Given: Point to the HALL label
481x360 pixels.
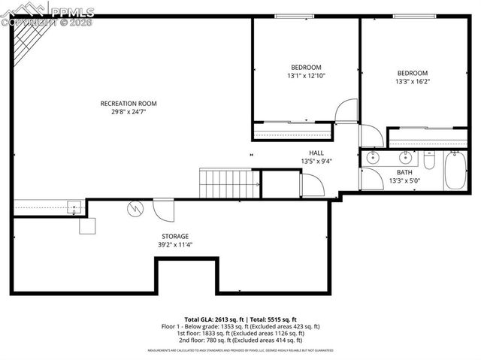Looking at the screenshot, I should click(316, 153).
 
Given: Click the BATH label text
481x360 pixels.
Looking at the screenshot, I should click(404, 172).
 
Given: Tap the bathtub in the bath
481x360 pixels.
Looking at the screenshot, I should click(455, 170).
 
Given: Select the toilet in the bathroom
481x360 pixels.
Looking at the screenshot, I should click(430, 160).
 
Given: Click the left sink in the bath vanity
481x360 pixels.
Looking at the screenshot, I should click(372, 159).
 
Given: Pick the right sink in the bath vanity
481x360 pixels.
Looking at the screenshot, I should click(405, 158).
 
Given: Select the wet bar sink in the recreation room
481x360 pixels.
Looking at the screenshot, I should click(75, 207).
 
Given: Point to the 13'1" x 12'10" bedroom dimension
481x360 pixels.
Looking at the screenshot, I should click(306, 76).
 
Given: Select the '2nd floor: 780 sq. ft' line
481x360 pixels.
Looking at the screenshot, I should click(240, 341).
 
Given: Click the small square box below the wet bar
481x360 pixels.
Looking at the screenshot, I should click(88, 225).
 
